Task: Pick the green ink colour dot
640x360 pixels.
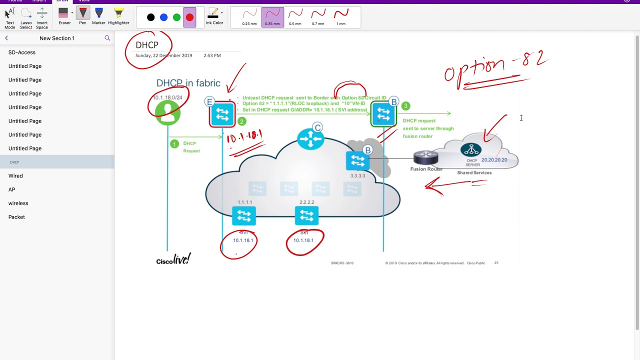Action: (x=176, y=17)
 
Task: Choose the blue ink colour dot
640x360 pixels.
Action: (x=163, y=17)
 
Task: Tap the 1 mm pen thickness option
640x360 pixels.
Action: (x=341, y=17)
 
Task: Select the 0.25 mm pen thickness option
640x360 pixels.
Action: (x=249, y=17)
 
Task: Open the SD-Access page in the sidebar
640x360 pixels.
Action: (x=22, y=52)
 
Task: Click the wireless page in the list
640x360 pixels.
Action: (x=18, y=203)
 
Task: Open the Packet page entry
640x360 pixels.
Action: (x=16, y=217)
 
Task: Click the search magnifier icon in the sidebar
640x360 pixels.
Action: (x=107, y=38)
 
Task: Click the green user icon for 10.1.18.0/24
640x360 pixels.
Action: (x=167, y=112)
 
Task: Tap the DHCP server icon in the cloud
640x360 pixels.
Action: (x=471, y=149)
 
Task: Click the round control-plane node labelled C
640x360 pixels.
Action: (x=310, y=138)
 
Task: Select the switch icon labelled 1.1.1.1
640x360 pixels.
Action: (x=244, y=215)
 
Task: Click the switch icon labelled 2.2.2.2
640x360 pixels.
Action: (x=306, y=215)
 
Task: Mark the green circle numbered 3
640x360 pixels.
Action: (x=405, y=106)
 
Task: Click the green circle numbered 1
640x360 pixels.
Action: (x=174, y=144)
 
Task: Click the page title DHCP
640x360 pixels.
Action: (x=147, y=45)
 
